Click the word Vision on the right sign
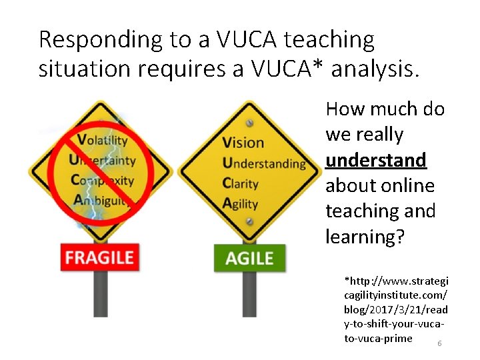(242, 142)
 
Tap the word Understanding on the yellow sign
(264, 163)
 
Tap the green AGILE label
(249, 258)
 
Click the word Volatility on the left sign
(101, 140)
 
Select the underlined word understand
(375, 160)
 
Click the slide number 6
(439, 343)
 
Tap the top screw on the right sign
(249, 123)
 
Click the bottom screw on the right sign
(249, 223)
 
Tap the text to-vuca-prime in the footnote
(378, 339)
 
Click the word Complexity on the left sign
(101, 180)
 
